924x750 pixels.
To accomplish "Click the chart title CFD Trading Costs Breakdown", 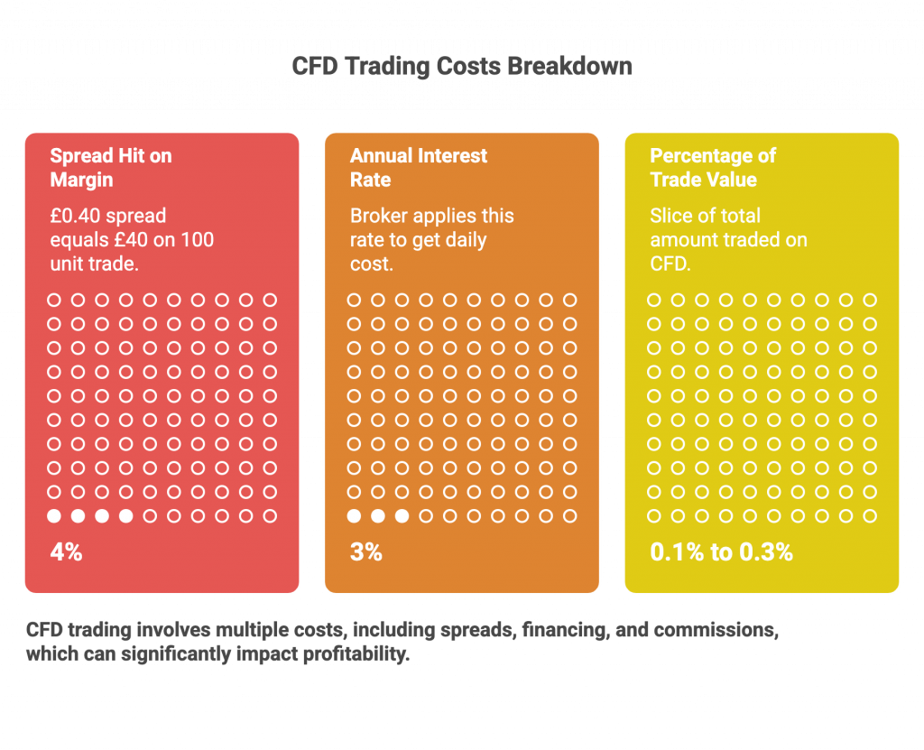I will coord(462,67).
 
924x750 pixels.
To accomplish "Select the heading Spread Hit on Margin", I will coord(110,168).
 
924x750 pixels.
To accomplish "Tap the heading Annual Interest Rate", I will coord(418,168).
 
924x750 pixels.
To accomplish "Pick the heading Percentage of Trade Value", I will coord(712,168).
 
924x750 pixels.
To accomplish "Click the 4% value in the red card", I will coord(66,552).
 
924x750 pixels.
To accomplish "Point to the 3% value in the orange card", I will coord(365,552).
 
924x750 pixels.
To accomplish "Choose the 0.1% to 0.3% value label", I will coord(721,552).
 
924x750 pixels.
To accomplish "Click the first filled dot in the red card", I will coord(54,516).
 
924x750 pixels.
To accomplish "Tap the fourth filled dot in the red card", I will coord(126,516).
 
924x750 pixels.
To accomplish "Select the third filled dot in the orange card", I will coord(402,516).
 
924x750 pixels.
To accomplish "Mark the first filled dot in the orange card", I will coord(354,516).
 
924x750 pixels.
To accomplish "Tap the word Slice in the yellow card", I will coord(671,217).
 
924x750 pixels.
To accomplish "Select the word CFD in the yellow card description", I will coord(669,265).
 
